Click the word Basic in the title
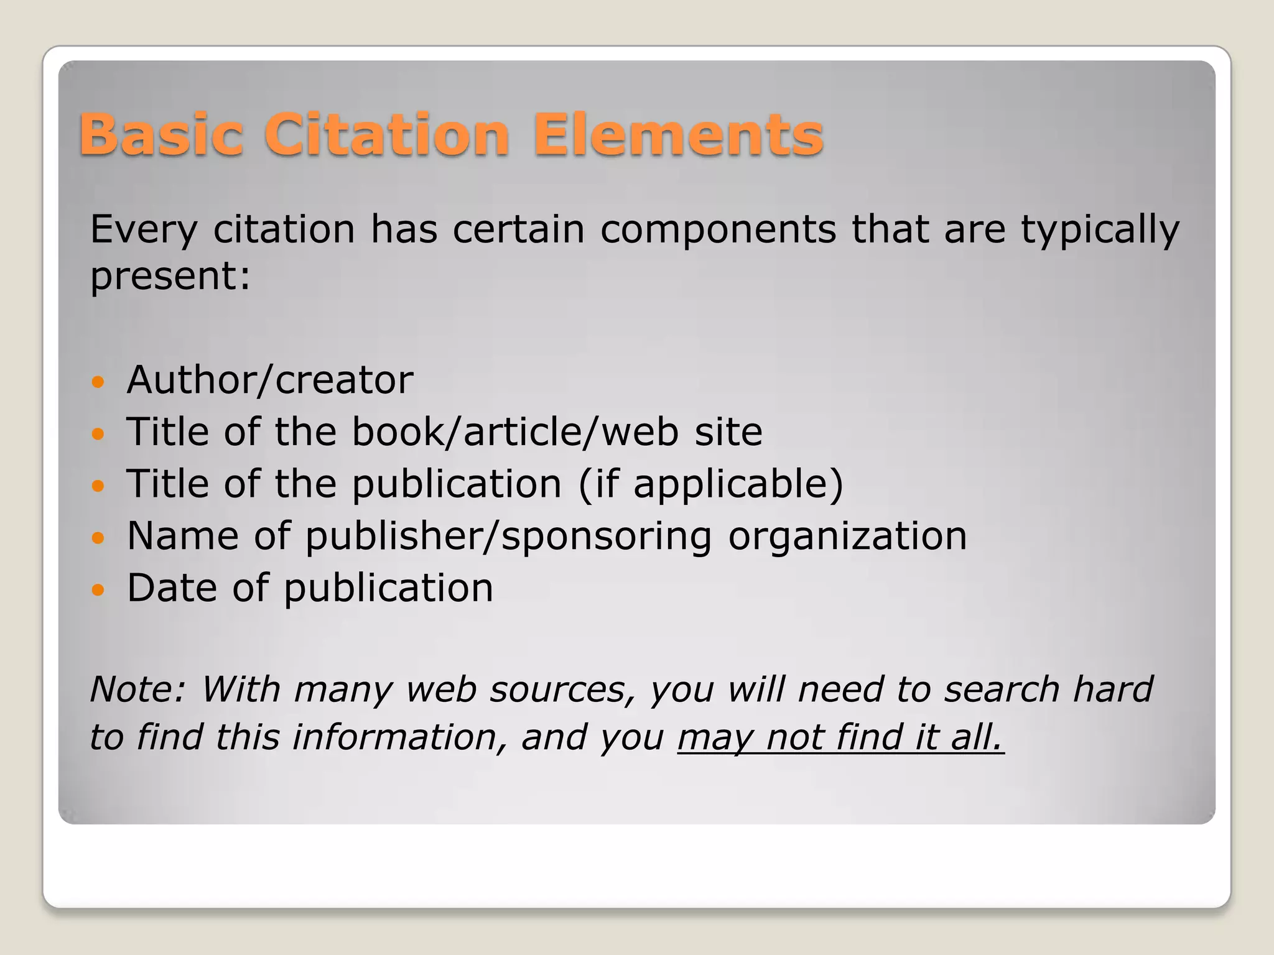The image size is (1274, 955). point(161,135)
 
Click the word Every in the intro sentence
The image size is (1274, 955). point(144,230)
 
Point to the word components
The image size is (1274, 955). point(718,230)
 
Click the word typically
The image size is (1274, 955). point(1100,230)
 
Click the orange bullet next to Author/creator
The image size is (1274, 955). point(98,381)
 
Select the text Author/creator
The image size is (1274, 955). point(270,380)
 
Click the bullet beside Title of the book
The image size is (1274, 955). point(98,433)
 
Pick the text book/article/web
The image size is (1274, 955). point(515,431)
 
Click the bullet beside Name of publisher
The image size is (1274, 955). point(98,537)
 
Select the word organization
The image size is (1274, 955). point(847,536)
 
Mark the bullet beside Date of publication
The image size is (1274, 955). point(98,589)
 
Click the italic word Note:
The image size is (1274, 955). point(138,690)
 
